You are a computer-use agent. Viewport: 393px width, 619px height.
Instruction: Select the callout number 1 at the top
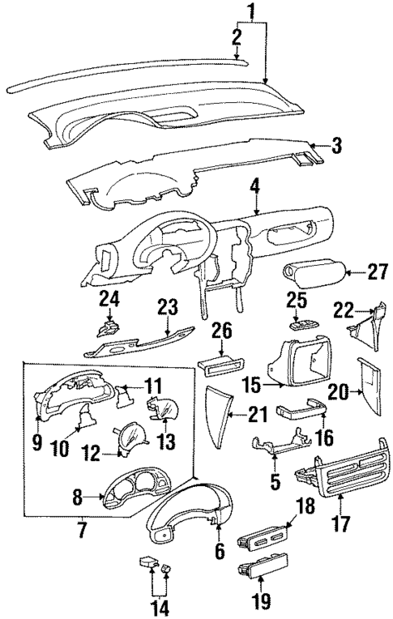pyautogui.click(x=250, y=11)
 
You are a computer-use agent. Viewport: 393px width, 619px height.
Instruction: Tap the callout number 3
pyautogui.click(x=335, y=146)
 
